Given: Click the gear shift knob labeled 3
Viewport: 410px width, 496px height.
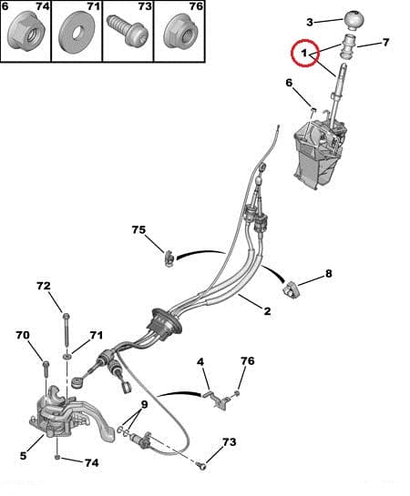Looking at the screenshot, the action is click(x=353, y=20).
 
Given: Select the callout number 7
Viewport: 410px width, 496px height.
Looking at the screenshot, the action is click(x=385, y=42).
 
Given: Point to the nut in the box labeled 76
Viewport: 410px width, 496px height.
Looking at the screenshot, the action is click(x=181, y=31).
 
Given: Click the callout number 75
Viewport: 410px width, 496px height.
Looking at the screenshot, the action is click(x=138, y=230).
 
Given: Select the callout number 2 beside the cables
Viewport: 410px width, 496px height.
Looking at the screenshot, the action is click(x=267, y=311).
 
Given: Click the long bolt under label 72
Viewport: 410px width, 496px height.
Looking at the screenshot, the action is click(x=67, y=330).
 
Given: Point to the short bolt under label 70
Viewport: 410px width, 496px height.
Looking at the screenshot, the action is click(x=46, y=369).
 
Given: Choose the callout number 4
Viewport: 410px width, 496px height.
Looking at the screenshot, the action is click(x=200, y=362).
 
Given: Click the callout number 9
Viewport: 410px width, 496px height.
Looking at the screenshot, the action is click(x=144, y=404).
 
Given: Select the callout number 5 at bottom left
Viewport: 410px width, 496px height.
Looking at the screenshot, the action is click(x=23, y=456).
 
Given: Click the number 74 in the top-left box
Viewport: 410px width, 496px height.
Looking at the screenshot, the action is click(x=43, y=6).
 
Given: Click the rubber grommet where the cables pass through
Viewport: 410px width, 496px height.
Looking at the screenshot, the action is click(x=164, y=324).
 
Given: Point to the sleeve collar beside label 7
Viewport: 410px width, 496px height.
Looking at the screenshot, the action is click(x=349, y=46).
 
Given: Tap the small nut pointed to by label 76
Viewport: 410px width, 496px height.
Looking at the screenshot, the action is click(x=237, y=393).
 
